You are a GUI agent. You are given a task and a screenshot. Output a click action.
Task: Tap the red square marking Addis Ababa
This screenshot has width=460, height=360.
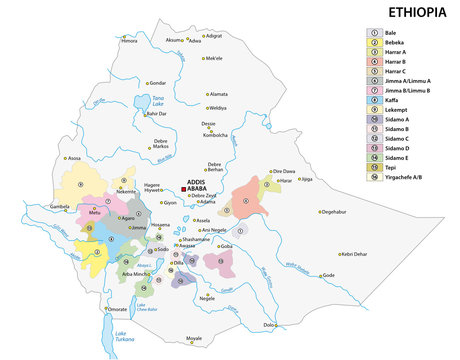183,187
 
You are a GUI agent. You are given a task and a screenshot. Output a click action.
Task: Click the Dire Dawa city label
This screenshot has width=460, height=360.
284,171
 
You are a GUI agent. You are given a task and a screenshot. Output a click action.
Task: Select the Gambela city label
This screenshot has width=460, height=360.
60,207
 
